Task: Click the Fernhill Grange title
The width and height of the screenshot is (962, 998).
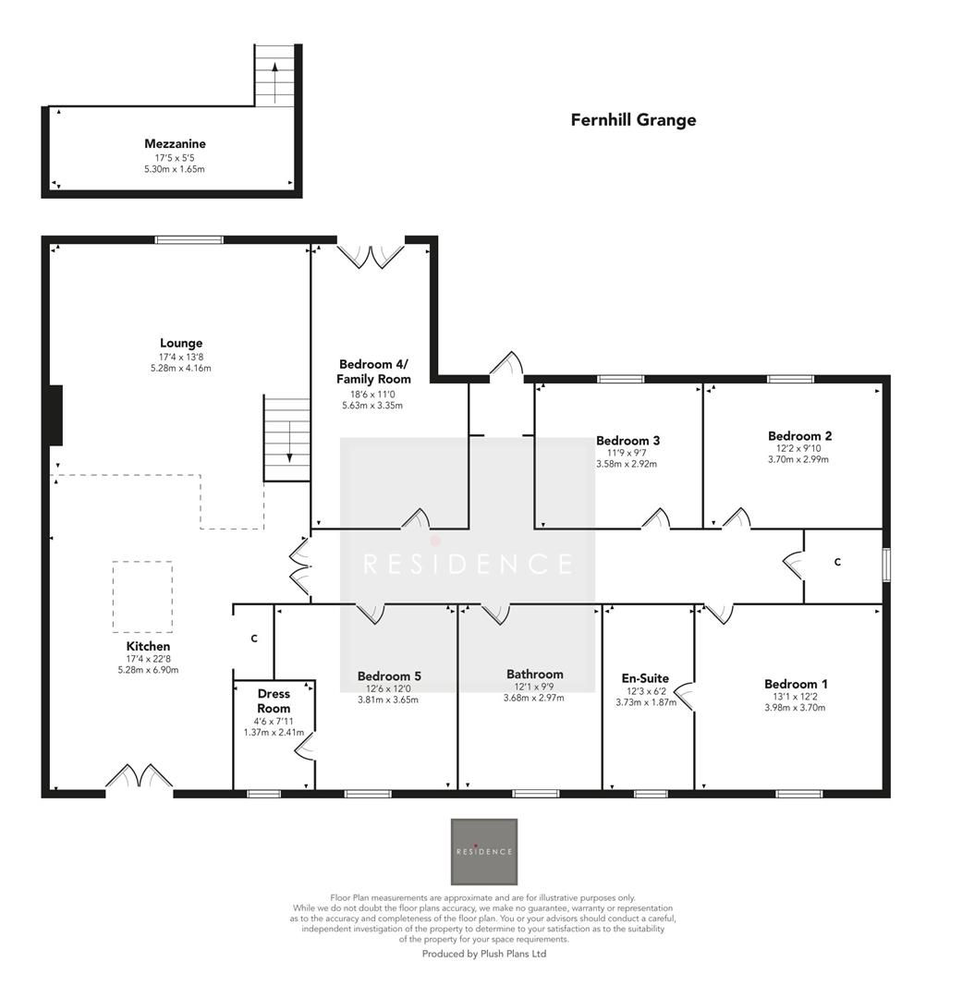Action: coord(633,120)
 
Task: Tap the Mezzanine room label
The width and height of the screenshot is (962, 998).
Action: coord(175,143)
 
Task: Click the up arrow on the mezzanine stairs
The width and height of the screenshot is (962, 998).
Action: coord(275,82)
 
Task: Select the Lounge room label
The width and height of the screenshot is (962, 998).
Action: coord(181,343)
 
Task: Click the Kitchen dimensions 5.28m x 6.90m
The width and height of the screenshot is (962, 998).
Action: coord(148,670)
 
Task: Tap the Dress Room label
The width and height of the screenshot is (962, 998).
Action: coord(274,700)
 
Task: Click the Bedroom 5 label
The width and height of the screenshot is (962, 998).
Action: coord(389,675)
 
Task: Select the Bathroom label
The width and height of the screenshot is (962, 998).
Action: coord(534,674)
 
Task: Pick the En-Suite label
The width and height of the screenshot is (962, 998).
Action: coord(645,678)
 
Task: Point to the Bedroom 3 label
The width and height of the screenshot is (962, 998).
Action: coord(627,441)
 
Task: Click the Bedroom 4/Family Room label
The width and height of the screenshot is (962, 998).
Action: coord(373,371)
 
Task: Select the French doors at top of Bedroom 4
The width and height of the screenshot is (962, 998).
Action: coord(371,256)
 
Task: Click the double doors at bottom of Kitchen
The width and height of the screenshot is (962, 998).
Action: coord(139,777)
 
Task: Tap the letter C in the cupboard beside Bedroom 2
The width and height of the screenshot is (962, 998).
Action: coord(837,562)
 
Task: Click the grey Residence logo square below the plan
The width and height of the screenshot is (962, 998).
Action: coord(483,851)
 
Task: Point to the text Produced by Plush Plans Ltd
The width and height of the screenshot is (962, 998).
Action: coord(483,954)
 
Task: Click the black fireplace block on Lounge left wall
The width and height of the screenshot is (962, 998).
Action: coord(55,416)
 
